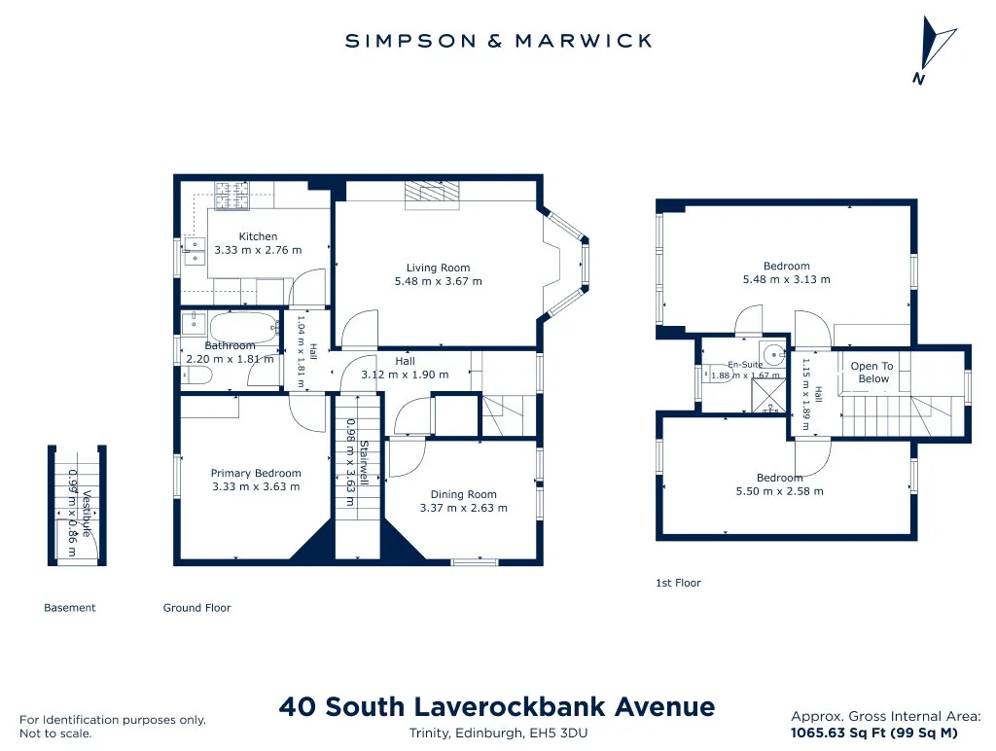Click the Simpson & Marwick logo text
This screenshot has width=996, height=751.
coord(498,41)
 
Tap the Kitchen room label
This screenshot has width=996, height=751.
coord(258,236)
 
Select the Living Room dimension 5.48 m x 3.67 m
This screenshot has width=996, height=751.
coord(439,281)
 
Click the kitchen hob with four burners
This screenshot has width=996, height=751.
coord(231,196)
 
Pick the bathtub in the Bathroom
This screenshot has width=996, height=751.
coord(244,327)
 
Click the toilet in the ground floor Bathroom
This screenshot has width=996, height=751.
coord(196,377)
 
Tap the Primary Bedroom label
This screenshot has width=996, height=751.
coord(256,474)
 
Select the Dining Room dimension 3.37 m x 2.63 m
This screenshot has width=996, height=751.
coord(464,509)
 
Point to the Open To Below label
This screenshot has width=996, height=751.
coord(872,373)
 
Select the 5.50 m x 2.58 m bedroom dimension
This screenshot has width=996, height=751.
coord(779,492)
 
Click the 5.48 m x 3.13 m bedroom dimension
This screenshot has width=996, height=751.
coord(786,279)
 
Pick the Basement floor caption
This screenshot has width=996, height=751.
coord(70,608)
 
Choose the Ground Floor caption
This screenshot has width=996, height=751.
coord(196,608)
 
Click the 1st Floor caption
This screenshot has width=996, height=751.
coord(678,584)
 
